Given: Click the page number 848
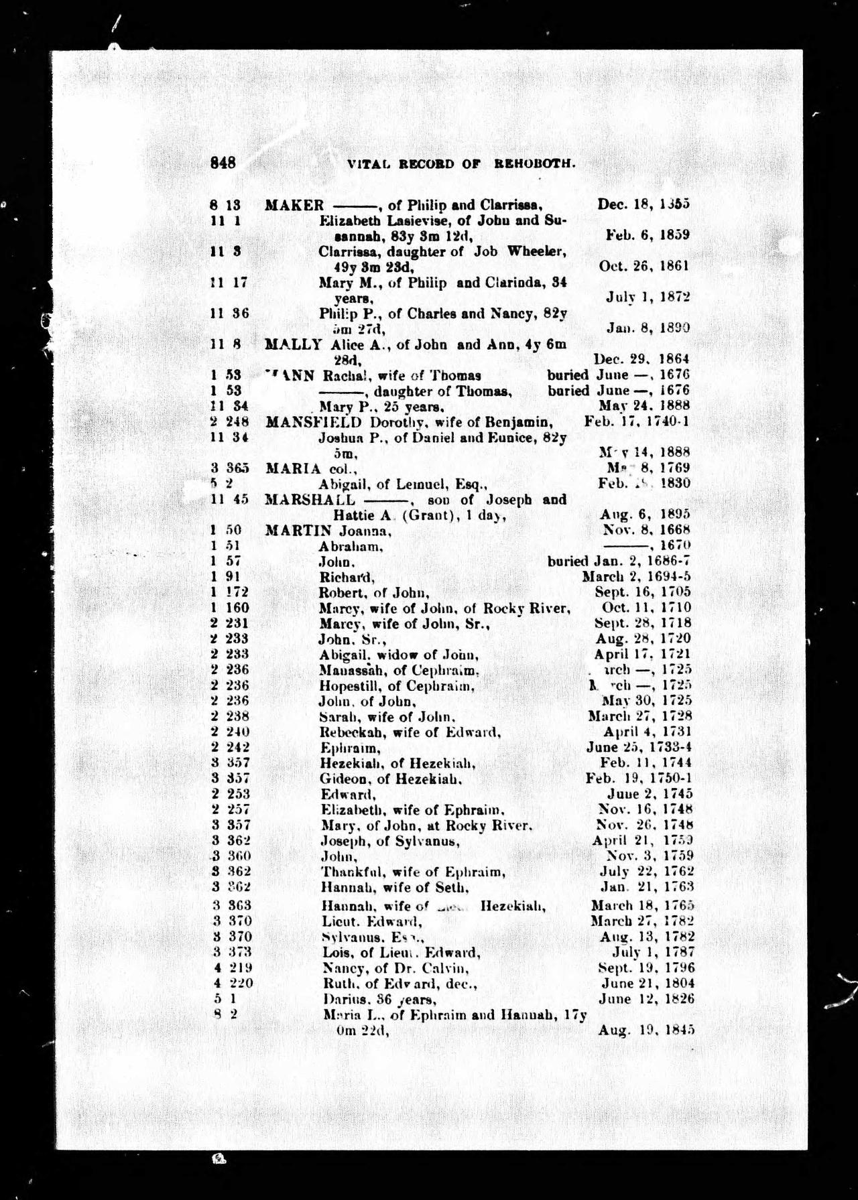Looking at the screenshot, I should click(223, 163).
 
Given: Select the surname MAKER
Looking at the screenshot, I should click(294, 205).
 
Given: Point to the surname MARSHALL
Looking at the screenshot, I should click(310, 499).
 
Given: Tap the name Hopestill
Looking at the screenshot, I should click(347, 685).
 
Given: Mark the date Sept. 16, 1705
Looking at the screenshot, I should click(642, 592).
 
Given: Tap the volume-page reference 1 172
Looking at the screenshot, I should click(229, 592).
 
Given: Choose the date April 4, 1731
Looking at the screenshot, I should click(647, 732).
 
